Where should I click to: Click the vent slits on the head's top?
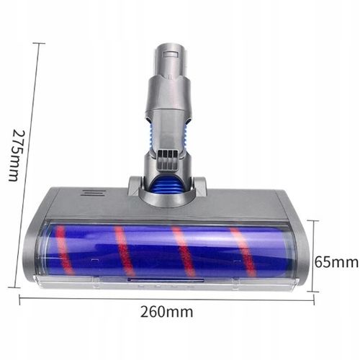90,193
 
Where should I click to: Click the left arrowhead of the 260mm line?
22,297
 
